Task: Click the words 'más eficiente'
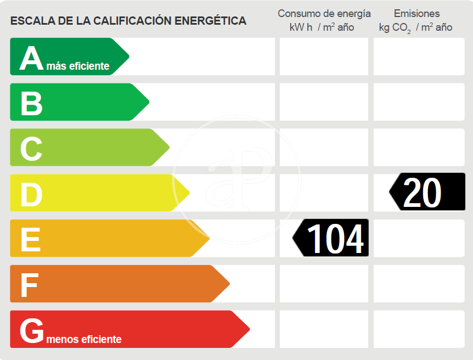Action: (78, 66)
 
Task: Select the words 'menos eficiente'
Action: (84, 339)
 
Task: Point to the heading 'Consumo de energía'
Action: (324, 14)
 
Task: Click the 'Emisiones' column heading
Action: (416, 14)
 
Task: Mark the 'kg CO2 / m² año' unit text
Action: (415, 27)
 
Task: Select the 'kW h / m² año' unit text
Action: (322, 27)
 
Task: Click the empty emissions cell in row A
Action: (419, 57)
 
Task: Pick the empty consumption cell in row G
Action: (324, 329)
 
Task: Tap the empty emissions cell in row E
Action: (419, 238)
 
